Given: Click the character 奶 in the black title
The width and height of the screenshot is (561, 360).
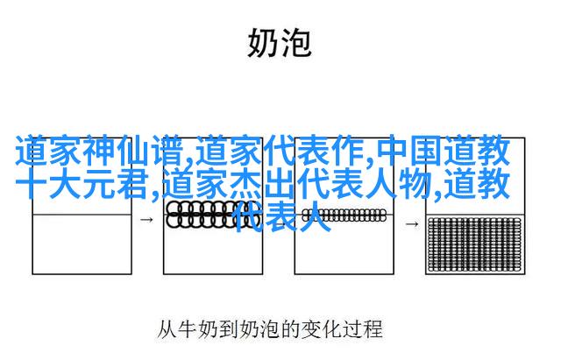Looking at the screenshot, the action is (x=263, y=43).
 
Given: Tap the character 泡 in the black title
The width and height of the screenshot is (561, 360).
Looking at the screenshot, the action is (x=295, y=43).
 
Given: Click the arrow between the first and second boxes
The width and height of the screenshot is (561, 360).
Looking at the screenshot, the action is (x=146, y=220).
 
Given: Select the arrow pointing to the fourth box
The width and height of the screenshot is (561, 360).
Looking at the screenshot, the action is (x=412, y=224).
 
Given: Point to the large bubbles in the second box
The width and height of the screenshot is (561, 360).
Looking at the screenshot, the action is (x=213, y=215).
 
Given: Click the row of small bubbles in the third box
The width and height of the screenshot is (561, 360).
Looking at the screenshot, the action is (x=344, y=215).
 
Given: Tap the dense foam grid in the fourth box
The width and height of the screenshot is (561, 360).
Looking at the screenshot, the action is (x=475, y=244).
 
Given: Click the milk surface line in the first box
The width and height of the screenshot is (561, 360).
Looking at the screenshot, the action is (x=82, y=215).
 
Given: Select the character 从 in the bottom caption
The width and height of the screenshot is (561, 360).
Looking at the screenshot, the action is (x=167, y=329).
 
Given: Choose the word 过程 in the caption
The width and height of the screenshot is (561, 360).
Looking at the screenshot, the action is (x=362, y=329).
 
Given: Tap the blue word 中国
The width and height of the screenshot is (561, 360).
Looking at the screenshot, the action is (x=409, y=151).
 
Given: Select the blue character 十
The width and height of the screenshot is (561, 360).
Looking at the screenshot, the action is (x=31, y=184).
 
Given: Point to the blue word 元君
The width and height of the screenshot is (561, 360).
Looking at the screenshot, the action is (x=115, y=184).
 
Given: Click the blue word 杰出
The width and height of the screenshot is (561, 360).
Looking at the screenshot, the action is (x=262, y=184).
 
